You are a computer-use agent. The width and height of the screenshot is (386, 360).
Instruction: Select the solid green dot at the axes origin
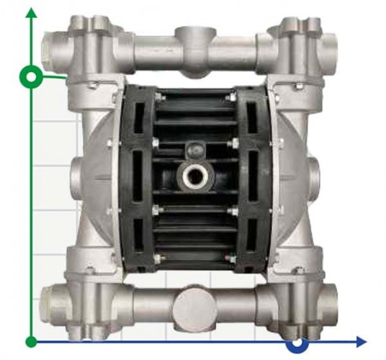31,341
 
